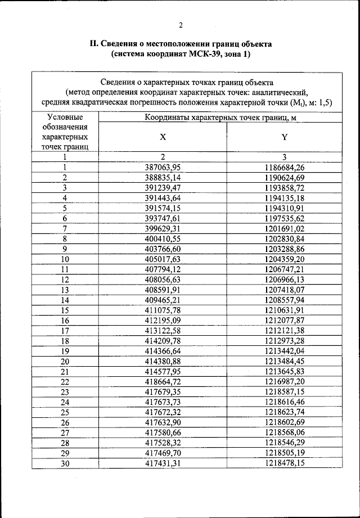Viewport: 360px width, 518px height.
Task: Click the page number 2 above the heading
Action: [180, 25]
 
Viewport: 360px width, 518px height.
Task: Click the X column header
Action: [163, 137]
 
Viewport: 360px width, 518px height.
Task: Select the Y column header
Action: [285, 137]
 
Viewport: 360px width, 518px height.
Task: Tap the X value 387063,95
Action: [163, 168]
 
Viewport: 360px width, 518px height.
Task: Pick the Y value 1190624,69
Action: [285, 178]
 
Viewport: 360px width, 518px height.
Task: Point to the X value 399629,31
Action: [163, 228]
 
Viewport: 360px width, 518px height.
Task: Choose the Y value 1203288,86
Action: [285, 249]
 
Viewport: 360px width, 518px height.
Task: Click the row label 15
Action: [65, 310]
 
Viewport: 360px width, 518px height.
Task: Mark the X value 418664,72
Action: [163, 381]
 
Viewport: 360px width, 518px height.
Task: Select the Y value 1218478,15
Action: [285, 463]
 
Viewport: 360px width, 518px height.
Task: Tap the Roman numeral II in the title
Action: [94, 43]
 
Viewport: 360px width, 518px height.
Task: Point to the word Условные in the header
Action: [65, 117]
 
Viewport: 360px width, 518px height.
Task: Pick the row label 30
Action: [65, 463]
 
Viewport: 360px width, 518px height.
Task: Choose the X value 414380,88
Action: [163, 361]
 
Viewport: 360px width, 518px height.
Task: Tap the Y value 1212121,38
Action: [285, 330]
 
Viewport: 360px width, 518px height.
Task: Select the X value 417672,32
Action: [163, 412]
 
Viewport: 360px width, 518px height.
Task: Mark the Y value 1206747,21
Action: [285, 269]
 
